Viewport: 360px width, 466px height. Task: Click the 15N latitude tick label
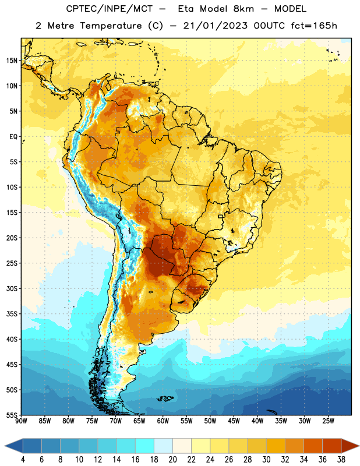coord(12,61)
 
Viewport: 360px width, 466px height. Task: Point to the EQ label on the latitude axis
coord(13,137)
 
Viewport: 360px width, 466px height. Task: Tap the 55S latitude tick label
coord(12,415)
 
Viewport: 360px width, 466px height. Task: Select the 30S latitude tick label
coord(12,288)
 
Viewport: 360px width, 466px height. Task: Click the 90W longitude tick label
coord(22,421)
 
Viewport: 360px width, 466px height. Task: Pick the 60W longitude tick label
coord(163,421)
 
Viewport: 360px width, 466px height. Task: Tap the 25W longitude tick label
coord(328,421)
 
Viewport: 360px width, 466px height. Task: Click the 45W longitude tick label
coord(234,421)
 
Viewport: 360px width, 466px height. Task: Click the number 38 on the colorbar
coord(341,460)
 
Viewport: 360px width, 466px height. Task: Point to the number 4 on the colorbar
coord(23,460)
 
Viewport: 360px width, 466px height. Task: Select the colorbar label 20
coord(172,460)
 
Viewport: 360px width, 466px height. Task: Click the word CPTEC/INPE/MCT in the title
coord(110,9)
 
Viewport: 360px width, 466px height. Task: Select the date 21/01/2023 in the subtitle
coord(215,26)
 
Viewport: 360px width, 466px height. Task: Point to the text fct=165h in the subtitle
coord(314,26)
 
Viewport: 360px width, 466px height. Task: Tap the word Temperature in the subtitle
coord(111,26)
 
